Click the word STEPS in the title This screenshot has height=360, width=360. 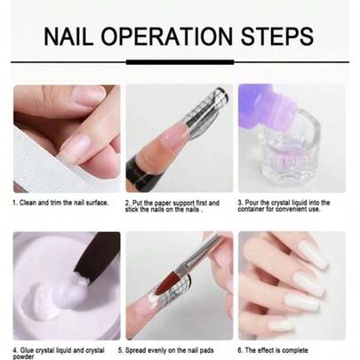pos(279,36)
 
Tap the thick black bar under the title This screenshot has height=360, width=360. pos(180,62)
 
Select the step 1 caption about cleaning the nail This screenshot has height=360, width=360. pos(60,203)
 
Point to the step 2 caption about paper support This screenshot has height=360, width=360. pos(178,206)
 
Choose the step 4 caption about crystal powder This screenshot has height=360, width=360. pos(58,353)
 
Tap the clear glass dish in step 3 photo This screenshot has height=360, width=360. pos(293,160)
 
